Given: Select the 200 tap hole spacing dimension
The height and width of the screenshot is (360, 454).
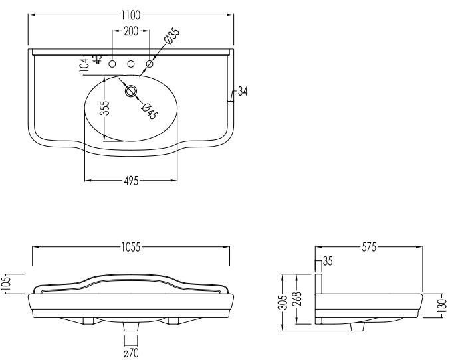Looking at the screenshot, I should click(x=131, y=31).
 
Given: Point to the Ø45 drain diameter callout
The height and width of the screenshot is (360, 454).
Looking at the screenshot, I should click(x=150, y=110).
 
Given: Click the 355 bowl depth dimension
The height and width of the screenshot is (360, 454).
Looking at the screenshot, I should click(x=104, y=109).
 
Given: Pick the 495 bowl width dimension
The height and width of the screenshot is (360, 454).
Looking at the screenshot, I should click(x=130, y=181).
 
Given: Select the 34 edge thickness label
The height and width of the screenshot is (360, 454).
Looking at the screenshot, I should click(x=242, y=92).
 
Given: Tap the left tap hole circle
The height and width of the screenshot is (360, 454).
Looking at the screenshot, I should click(x=112, y=64).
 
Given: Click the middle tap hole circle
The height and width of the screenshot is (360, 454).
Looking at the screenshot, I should click(x=131, y=64).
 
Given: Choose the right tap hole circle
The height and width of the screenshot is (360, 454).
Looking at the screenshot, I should click(x=150, y=64).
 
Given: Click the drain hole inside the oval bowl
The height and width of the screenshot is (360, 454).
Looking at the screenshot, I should click(x=131, y=89).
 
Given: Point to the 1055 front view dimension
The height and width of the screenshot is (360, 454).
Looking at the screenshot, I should click(x=130, y=248).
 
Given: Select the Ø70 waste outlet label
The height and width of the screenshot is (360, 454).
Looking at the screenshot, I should click(x=132, y=353).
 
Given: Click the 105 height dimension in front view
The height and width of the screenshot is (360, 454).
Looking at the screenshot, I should click(x=6, y=284).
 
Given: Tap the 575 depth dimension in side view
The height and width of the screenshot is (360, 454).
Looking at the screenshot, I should click(x=370, y=248).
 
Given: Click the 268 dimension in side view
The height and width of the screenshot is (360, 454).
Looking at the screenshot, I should click(x=297, y=298).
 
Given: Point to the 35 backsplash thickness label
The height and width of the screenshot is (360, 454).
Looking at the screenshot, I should click(x=327, y=260).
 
